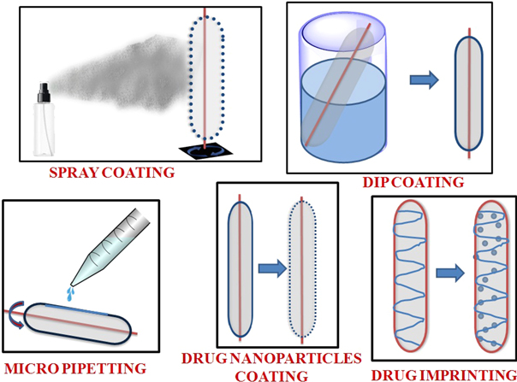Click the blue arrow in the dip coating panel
(x=425, y=82)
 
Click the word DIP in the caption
(x=371, y=181)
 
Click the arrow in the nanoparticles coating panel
(x=269, y=270)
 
